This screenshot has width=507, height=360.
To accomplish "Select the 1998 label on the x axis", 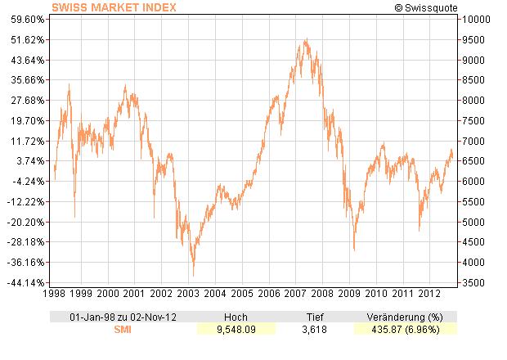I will pyautogui.click(x=55, y=293).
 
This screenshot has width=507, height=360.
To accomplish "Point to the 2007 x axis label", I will pyautogui.click(x=295, y=293).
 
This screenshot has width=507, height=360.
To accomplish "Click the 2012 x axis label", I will pyautogui.click(x=428, y=293).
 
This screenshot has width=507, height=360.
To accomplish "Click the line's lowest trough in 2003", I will pyautogui.click(x=193, y=276).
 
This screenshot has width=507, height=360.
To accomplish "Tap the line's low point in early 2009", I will pyautogui.click(x=354, y=250).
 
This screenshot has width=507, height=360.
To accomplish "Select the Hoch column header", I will pyautogui.click(x=236, y=317).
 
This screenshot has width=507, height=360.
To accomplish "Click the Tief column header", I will pyautogui.click(x=315, y=317).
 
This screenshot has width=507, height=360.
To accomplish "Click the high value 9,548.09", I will pyautogui.click(x=236, y=329).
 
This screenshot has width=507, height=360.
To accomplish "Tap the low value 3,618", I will pyautogui.click(x=315, y=329).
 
